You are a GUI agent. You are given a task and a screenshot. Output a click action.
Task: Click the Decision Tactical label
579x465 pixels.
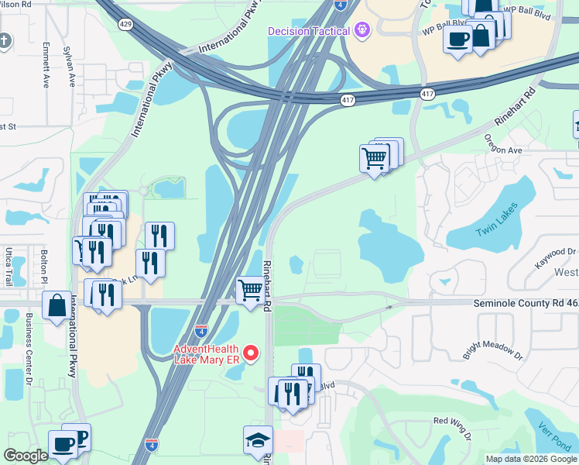[x=310, y=31]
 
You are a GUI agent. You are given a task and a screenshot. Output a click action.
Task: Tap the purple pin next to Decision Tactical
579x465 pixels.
[x=361, y=30]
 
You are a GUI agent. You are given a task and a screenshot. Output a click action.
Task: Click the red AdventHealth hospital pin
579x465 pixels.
[x=250, y=353]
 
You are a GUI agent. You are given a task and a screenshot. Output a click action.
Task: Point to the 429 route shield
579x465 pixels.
[x=125, y=25]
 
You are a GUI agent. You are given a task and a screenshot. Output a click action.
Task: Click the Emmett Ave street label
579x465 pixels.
[x=46, y=64]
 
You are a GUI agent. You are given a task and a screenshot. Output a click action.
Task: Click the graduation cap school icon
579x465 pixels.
[x=258, y=440]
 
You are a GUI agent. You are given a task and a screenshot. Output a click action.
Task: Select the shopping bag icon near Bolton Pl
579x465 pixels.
[x=57, y=305]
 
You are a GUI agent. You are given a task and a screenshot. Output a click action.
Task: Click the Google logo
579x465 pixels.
[x=26, y=456]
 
